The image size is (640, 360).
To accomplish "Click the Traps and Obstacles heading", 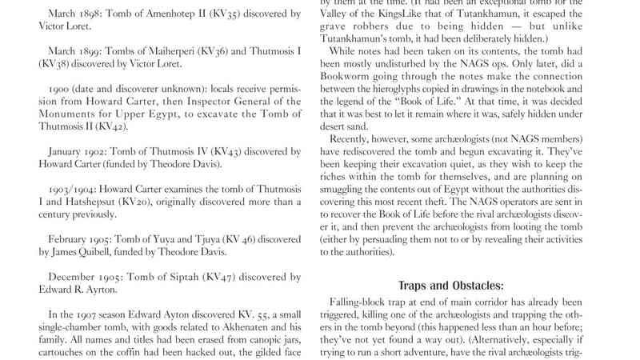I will click(451, 285).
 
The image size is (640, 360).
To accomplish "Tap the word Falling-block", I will click(361, 302).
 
